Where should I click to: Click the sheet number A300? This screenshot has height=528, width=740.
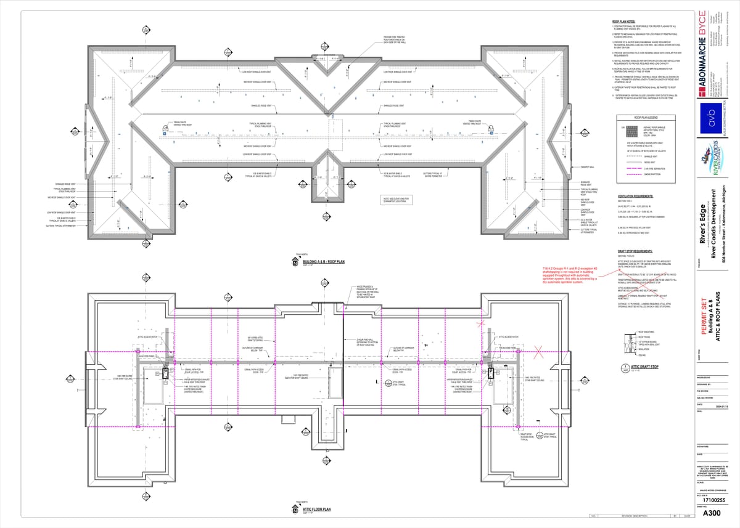coord(712,513)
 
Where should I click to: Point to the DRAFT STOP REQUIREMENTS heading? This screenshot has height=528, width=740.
coord(640,251)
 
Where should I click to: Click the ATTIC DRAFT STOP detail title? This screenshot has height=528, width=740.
coord(645,367)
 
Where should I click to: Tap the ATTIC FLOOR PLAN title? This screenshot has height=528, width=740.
coord(316,510)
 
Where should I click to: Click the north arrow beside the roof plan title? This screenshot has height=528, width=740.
coord(295,263)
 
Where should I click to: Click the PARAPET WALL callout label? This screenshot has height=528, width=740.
coord(588,167)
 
